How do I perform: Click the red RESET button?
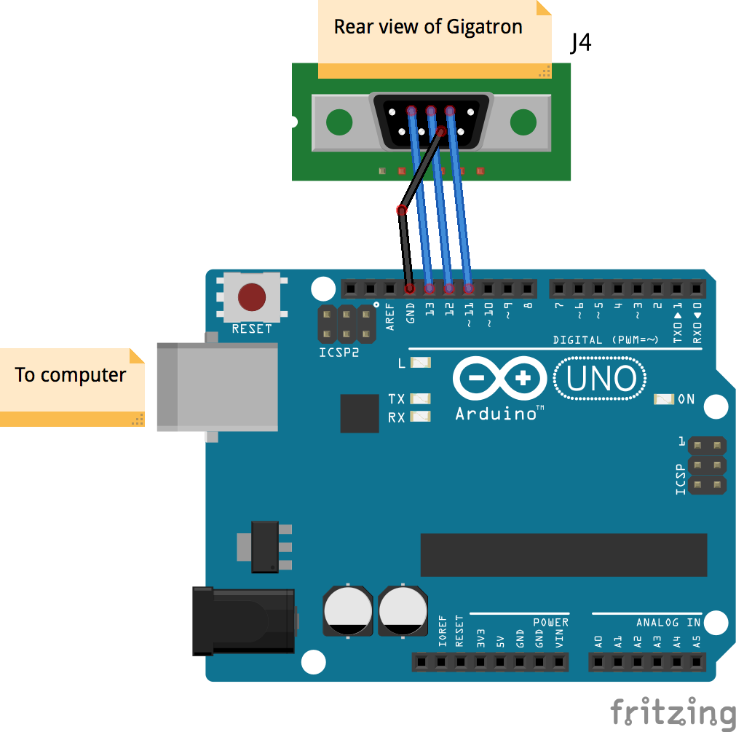[251, 297]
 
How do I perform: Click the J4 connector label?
[580, 44]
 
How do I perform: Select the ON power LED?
[664, 399]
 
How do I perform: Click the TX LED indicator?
[421, 398]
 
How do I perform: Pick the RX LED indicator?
[421, 417]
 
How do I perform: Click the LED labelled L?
[421, 363]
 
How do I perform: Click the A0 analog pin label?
[598, 641]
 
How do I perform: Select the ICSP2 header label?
[339, 353]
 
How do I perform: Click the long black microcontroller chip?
[563, 554]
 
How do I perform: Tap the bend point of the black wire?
[401, 211]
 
